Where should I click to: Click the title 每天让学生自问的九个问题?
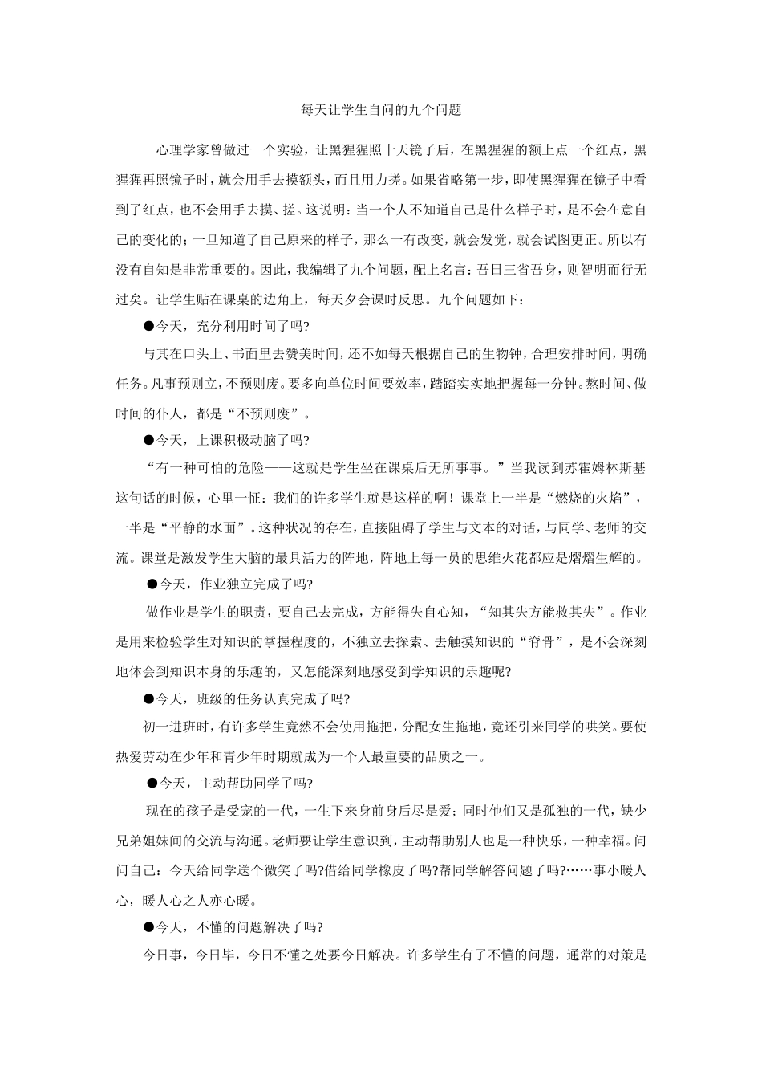(x=380, y=110)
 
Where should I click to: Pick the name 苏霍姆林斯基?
(x=606, y=466)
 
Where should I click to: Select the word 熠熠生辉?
(x=606, y=557)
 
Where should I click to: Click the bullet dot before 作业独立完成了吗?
(x=152, y=584)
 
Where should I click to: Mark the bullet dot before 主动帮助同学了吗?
(x=152, y=783)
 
